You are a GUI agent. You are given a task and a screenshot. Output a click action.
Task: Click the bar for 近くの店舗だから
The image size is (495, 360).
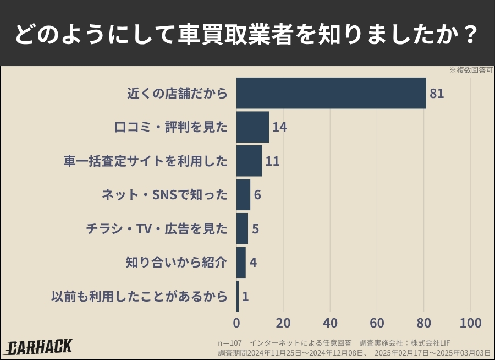[x=331, y=93]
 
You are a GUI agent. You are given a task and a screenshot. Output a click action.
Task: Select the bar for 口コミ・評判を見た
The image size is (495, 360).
[x=252, y=127]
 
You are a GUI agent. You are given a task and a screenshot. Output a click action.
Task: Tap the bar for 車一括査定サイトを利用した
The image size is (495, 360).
[x=249, y=161]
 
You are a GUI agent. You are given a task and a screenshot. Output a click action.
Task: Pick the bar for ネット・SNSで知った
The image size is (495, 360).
[x=243, y=195]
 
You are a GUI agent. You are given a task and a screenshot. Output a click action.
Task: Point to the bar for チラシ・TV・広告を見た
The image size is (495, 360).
[x=242, y=228]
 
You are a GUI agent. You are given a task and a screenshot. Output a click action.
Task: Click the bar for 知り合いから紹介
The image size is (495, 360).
[x=241, y=263]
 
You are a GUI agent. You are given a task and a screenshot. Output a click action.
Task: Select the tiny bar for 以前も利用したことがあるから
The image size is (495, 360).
[x=238, y=296]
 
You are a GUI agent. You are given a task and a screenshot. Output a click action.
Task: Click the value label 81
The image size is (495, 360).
[x=437, y=94]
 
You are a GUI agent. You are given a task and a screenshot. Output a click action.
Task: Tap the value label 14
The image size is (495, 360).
[x=279, y=127]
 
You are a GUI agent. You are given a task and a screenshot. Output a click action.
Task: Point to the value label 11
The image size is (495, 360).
[x=272, y=161]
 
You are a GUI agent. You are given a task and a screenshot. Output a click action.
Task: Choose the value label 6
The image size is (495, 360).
[x=257, y=195]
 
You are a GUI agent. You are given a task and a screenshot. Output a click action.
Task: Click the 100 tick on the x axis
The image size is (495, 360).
[x=470, y=323]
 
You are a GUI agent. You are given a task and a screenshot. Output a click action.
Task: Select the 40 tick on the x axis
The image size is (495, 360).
[x=330, y=323]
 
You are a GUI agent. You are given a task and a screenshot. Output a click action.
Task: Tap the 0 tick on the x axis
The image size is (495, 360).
[x=237, y=323]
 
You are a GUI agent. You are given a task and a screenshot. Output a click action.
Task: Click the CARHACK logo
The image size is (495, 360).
[x=40, y=346]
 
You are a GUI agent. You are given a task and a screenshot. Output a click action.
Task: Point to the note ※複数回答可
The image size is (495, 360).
[x=470, y=70]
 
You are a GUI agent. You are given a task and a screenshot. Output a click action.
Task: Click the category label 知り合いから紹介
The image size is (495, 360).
[x=176, y=263]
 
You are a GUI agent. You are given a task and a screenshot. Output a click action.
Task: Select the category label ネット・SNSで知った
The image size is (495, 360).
[x=164, y=195]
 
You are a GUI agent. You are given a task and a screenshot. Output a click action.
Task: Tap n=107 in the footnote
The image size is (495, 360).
[x=229, y=342]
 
